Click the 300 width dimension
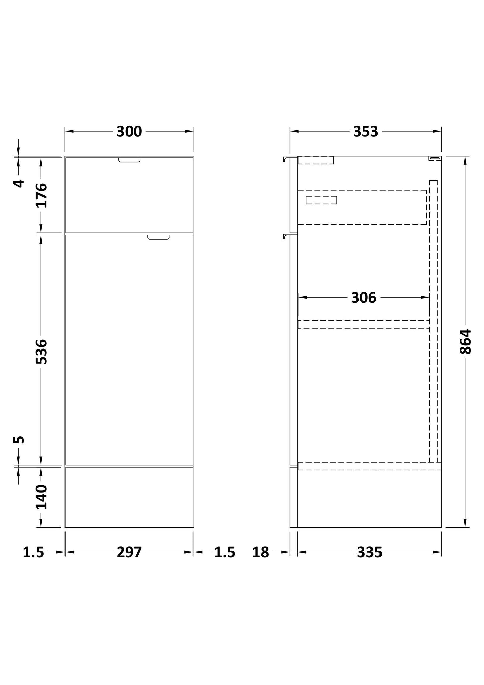(129, 132)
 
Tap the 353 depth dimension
(365, 132)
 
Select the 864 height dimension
(465, 342)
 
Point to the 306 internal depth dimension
(364, 297)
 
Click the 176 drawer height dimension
(42, 195)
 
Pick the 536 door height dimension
(42, 351)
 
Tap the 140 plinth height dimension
(42, 497)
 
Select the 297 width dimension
(129, 552)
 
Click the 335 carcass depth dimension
(369, 552)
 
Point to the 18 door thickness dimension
(261, 552)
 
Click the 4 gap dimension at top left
(19, 183)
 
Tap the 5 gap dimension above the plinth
(19, 439)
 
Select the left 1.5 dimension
(33, 552)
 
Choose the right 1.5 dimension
(225, 552)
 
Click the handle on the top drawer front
(129, 160)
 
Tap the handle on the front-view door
(159, 237)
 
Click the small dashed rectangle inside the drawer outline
(321, 200)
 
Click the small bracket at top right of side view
(435, 158)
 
